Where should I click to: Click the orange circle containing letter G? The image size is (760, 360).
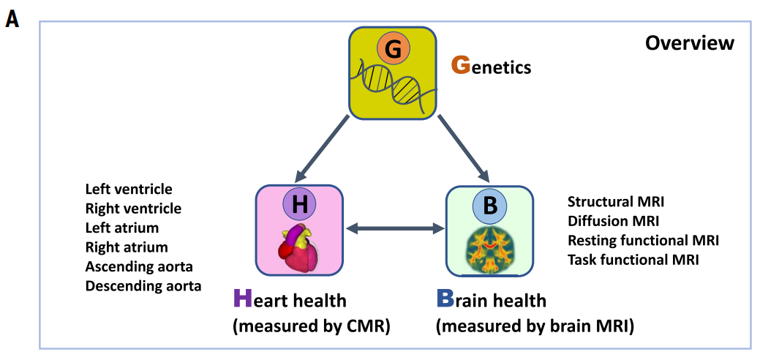[394, 49]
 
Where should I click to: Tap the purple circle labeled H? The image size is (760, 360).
[300, 206]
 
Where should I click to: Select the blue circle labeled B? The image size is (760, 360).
[490, 206]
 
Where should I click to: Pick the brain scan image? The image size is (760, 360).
[490, 249]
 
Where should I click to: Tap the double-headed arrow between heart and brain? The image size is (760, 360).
[396, 230]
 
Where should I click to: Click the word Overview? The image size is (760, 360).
[689, 43]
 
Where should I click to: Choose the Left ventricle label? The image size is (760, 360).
[129, 190]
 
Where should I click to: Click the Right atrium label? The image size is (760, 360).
[127, 247]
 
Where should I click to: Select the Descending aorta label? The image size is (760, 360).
[143, 285]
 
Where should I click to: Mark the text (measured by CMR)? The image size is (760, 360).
[311, 326]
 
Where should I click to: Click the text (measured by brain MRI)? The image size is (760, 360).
[535, 326]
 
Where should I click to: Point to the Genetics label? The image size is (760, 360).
[491, 67]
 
